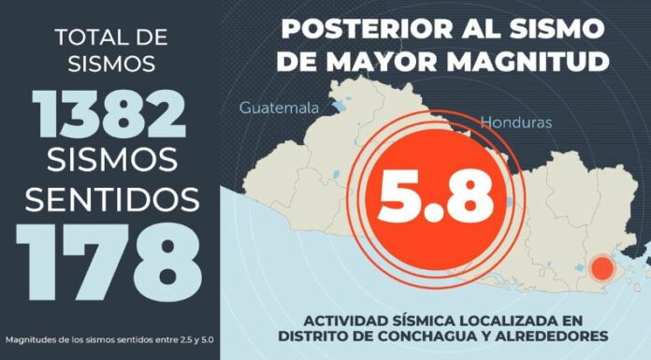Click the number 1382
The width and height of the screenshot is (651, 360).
click(110, 115)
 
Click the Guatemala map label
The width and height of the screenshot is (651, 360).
click(280, 108)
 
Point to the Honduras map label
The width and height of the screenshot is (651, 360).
click(516, 122)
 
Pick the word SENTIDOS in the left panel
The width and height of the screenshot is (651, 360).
click(110, 198)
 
